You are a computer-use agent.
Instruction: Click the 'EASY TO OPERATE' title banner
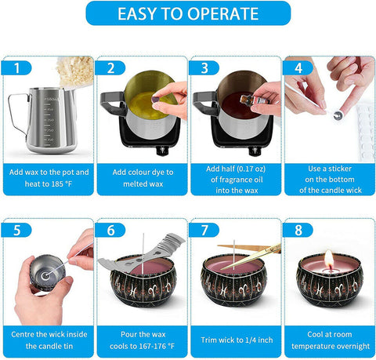188,13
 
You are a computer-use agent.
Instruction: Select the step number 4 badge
298,68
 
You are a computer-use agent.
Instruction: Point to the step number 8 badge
298,231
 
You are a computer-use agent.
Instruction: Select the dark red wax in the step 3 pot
230,104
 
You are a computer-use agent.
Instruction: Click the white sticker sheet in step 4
364,129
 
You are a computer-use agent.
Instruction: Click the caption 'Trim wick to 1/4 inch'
234,340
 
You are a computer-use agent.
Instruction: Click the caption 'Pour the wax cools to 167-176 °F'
142,340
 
